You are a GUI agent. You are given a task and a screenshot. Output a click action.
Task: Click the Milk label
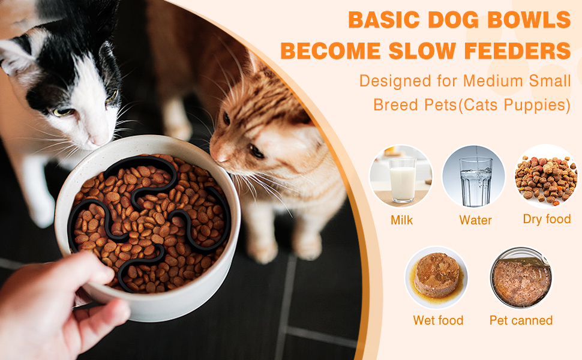pos(401,220)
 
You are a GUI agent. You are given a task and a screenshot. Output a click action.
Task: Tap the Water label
pos(475,220)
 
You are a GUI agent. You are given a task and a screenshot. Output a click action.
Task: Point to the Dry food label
pos(547,219)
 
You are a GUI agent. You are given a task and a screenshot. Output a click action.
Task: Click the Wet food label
pos(438,320)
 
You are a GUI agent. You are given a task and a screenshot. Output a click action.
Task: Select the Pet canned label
pos(521,320)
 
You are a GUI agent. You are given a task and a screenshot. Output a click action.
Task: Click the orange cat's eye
pos(256,151)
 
